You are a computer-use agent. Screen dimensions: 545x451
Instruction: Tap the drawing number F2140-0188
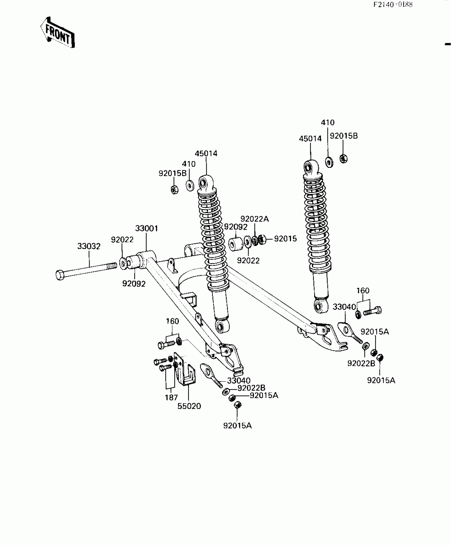tap(393, 5)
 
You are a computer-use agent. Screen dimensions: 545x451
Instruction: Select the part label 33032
tap(89, 246)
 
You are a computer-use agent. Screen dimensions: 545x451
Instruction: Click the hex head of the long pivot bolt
tap(60, 275)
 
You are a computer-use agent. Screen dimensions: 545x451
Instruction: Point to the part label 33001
tap(147, 228)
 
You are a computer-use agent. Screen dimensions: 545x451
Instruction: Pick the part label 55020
tap(189, 406)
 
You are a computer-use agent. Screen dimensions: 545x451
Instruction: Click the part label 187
tap(171, 398)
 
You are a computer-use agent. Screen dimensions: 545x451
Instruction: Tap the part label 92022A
tap(254, 219)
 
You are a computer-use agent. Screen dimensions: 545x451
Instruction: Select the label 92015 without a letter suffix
tap(285, 239)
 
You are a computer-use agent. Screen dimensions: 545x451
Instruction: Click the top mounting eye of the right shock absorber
tap(308, 168)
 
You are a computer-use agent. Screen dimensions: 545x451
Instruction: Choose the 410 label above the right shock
tap(328, 122)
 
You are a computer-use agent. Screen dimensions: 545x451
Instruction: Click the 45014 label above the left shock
tap(206, 153)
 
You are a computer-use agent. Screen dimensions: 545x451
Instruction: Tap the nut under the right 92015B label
tap(343, 159)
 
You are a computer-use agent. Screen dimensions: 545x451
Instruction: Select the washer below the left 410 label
tap(190, 185)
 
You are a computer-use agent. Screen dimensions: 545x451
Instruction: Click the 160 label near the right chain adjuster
tap(363, 291)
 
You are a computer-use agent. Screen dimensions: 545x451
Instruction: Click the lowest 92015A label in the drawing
tap(237, 425)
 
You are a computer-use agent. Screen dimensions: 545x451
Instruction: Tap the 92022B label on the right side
tap(361, 363)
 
